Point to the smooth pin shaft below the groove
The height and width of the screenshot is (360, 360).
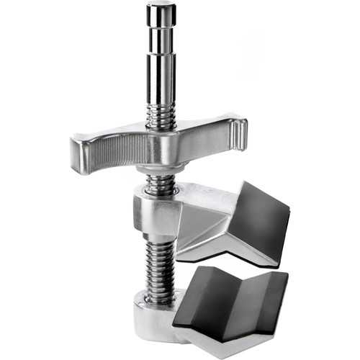tap(161, 72)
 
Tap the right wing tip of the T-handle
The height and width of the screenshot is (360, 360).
tap(240, 133)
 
